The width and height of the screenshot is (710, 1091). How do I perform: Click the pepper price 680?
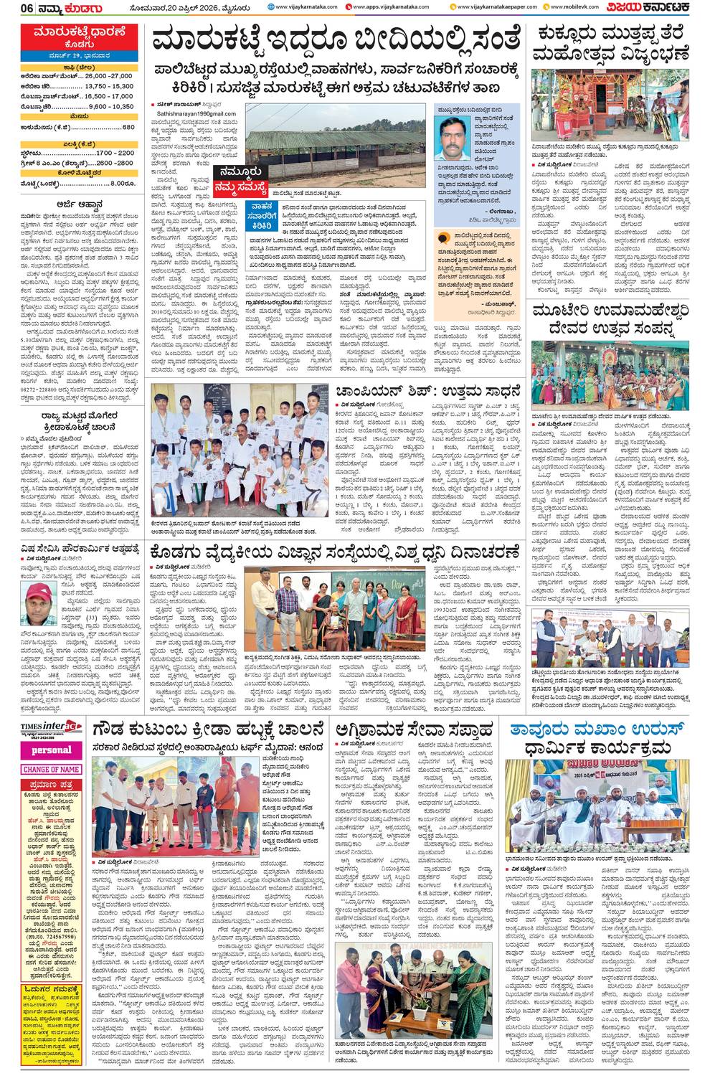click(128, 127)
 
